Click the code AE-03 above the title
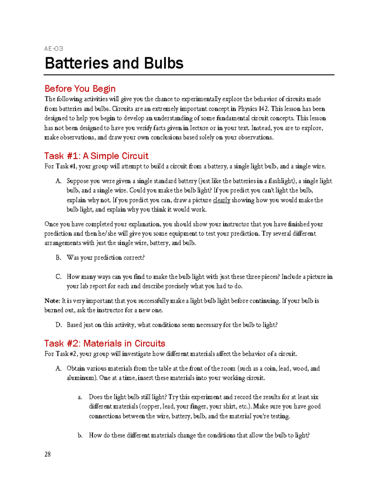coord(54,49)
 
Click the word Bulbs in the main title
coord(163,63)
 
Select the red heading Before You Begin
coord(80,89)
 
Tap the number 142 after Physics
coord(264,109)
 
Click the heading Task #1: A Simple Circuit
coord(96,156)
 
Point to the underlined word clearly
coord(221,200)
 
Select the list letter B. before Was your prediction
coord(58,258)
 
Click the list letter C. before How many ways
coord(58,277)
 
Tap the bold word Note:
coord(52,301)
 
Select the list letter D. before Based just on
coord(59,325)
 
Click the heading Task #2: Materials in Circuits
coord(105,343)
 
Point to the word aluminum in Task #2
coord(80,378)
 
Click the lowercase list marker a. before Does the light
coord(80,397)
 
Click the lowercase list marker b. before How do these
coord(80,435)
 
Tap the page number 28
coord(48,454)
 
